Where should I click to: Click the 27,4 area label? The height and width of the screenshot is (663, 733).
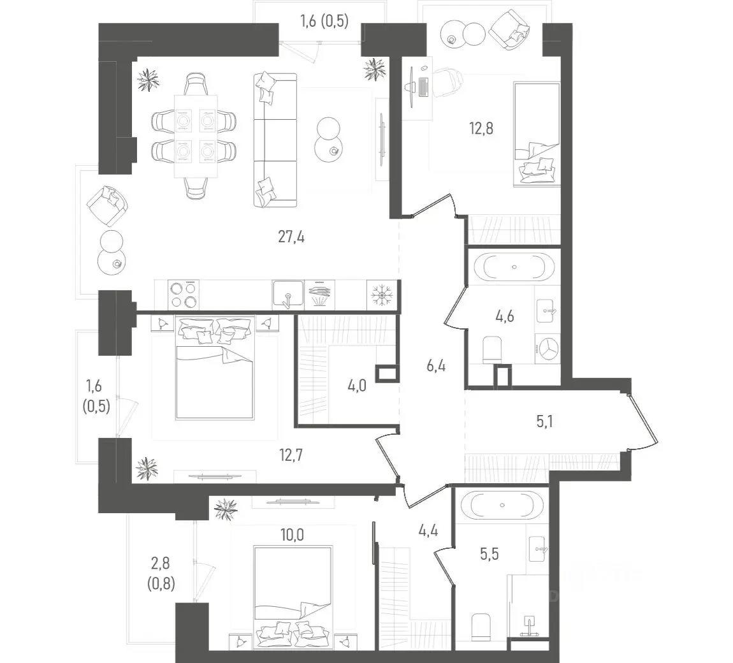[x=291, y=237]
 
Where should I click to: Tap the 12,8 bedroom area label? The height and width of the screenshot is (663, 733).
[x=481, y=127]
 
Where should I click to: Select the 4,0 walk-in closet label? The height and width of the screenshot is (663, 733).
[x=357, y=386]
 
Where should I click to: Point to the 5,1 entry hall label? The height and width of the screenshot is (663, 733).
[x=544, y=422]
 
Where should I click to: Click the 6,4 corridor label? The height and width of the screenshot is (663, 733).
[x=436, y=366]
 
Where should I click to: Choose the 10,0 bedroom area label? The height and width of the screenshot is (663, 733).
[x=292, y=534]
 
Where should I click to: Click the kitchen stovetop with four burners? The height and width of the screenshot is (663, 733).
[x=184, y=295]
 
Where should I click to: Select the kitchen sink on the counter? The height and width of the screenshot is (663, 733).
[x=288, y=295]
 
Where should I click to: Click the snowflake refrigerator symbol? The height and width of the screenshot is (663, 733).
[x=382, y=295]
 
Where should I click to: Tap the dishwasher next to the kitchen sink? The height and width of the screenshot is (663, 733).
[x=320, y=295]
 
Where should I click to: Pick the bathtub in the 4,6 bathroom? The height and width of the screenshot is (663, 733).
[x=514, y=267]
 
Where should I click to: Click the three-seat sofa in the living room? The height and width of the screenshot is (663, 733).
[x=275, y=140]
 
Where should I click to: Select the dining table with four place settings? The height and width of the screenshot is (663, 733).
[x=196, y=136]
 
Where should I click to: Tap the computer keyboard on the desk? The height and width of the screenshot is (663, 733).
[x=423, y=87]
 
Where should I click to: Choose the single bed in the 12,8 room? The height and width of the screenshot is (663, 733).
[x=537, y=135]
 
